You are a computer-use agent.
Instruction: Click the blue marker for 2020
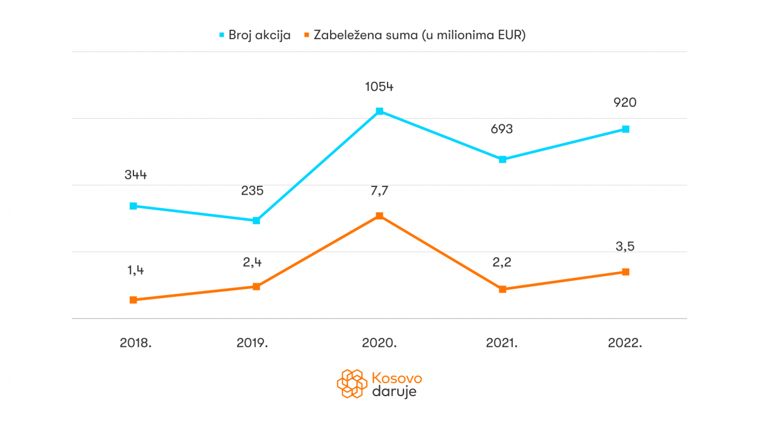point(379,111)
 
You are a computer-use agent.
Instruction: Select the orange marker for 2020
point(379,216)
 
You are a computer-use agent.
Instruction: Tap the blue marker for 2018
point(133,206)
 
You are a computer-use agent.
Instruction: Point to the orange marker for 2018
point(133,300)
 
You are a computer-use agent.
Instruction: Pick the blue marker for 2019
point(256,221)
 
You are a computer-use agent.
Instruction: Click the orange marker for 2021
point(503,289)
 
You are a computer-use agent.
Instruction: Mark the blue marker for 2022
point(626,129)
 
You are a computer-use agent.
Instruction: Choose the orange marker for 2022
point(626,271)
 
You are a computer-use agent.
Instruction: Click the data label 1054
point(379,86)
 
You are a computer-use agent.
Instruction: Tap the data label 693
point(502,130)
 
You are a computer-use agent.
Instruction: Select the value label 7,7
point(379,191)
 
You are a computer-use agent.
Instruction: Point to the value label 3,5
point(625,247)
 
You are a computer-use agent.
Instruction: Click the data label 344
point(136,175)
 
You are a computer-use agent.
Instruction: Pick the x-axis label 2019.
point(253,342)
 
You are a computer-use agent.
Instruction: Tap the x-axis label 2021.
point(501,342)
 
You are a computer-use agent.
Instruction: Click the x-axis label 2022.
point(625,342)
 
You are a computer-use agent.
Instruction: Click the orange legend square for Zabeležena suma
point(306,35)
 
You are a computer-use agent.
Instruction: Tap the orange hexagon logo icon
point(351,383)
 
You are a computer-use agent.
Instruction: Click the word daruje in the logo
point(394,391)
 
